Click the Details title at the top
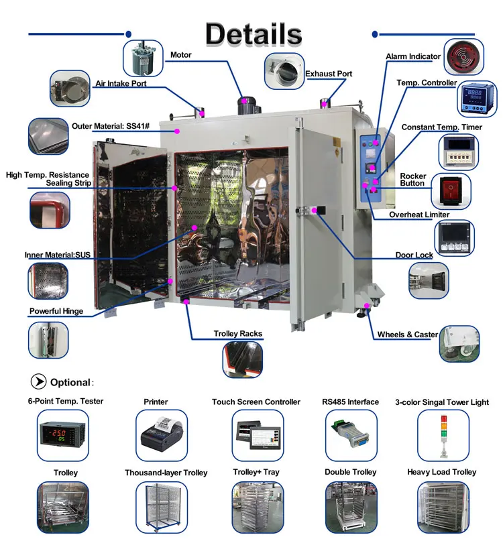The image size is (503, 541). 254,34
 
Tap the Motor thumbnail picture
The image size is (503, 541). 143,58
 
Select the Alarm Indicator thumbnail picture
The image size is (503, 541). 463,56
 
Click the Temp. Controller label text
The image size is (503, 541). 427,83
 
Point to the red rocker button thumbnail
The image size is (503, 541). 451,191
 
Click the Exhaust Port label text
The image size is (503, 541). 329,74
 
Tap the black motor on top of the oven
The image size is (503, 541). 247,105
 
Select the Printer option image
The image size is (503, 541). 162,435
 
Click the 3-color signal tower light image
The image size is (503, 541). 443,435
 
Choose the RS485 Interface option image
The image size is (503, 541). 351,435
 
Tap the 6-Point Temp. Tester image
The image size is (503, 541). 63,435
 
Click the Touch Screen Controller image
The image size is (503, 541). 258,435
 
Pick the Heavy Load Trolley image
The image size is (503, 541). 443,507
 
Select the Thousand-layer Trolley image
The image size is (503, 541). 162,507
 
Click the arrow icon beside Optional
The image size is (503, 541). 38,381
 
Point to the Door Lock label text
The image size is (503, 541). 414,255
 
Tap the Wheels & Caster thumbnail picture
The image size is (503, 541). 459,344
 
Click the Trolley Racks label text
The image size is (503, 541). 238,334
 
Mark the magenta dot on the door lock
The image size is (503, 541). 314,210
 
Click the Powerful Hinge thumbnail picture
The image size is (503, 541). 48,340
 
